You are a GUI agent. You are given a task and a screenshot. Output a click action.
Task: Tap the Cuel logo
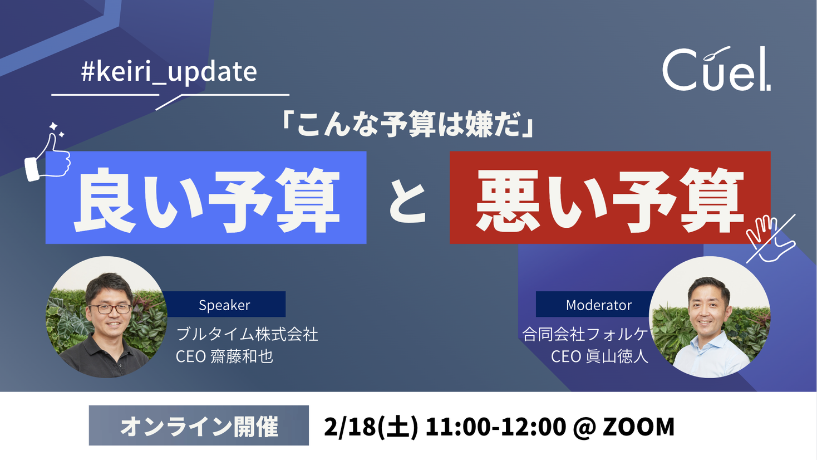tap(716, 70)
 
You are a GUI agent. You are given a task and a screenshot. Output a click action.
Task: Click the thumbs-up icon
tap(48, 156)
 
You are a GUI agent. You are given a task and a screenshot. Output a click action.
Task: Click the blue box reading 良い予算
tap(205, 198)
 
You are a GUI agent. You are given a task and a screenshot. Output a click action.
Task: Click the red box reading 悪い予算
tap(609, 198)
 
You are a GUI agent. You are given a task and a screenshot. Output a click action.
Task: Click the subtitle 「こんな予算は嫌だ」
tap(407, 124)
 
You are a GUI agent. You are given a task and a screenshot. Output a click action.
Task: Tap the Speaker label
tap(224, 305)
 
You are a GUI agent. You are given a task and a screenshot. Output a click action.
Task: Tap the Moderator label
tap(598, 305)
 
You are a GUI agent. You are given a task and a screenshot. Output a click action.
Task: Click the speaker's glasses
tap(110, 308)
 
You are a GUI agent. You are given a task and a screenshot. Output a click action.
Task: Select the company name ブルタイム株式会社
tap(247, 334)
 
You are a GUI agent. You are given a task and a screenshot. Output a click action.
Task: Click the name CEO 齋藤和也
tap(224, 356)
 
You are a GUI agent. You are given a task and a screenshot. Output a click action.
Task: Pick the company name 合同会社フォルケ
tap(584, 334)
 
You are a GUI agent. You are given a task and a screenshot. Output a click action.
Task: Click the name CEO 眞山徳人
tap(599, 356)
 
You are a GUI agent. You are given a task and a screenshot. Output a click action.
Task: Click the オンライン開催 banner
tap(199, 426)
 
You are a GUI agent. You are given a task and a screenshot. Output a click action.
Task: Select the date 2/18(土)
tap(371, 427)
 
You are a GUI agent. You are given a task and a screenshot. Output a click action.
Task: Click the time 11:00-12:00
tap(495, 427)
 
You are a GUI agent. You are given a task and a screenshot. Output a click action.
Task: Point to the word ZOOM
tap(638, 427)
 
